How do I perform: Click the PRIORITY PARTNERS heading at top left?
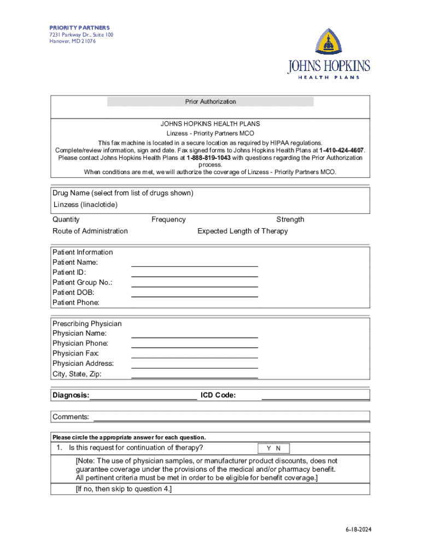[x=79, y=28]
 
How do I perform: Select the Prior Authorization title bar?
[x=210, y=102]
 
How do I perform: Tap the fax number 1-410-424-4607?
[x=342, y=150]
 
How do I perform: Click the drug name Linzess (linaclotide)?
[x=85, y=205]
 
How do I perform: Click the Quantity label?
[x=66, y=219]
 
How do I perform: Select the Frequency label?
[x=168, y=219]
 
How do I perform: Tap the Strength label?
[x=290, y=219]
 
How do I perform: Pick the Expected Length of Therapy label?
[x=242, y=231]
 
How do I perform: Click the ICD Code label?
[x=218, y=395]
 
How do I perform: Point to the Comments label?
[x=71, y=417]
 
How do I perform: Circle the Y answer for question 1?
[x=268, y=449]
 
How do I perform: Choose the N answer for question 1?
[x=278, y=449]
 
